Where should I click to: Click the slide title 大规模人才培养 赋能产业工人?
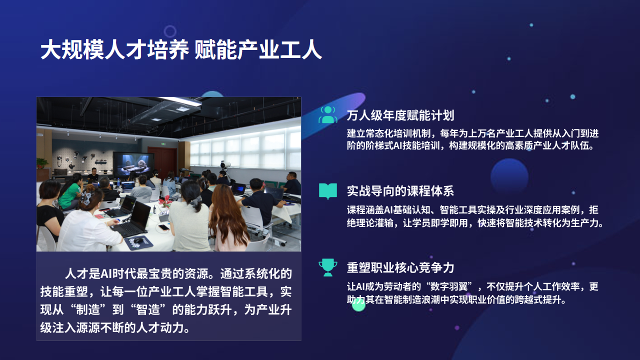click(x=181, y=49)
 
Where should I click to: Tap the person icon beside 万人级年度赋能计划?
click(x=327, y=114)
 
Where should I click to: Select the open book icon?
click(x=327, y=191)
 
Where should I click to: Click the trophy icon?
click(x=327, y=267)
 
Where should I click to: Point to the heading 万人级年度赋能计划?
click(x=400, y=115)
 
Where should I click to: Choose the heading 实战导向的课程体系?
click(x=400, y=191)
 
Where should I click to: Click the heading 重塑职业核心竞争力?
click(x=400, y=267)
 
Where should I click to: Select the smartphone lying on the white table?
click(x=164, y=227)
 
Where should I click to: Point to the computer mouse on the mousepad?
click(x=138, y=240)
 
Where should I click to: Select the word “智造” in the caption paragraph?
click(x=147, y=309)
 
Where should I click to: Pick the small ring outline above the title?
click(x=170, y=31)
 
